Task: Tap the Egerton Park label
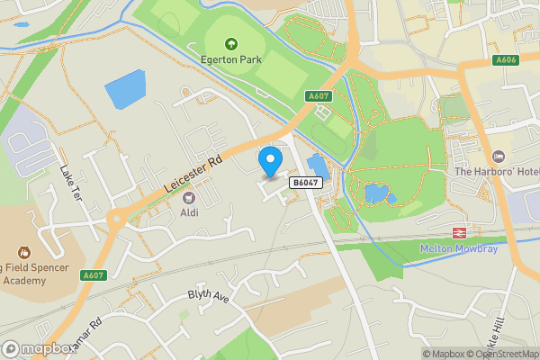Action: point(229,60)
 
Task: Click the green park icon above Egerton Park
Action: point(229,43)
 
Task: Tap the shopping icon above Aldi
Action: point(189,197)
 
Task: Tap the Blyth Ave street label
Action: point(209,295)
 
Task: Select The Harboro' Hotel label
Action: point(497,172)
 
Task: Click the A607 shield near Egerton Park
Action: point(317,96)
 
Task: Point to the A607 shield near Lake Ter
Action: point(93,275)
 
